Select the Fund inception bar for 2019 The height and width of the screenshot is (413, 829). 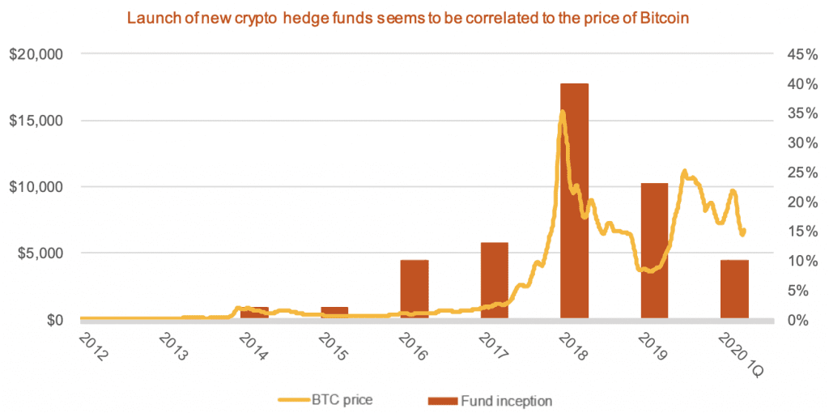point(654,251)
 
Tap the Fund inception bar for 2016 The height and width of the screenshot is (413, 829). point(414,289)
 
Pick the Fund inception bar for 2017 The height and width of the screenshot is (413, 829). point(494,280)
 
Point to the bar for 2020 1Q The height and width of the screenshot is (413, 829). point(734,289)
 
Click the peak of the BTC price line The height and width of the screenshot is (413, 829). point(562,112)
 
